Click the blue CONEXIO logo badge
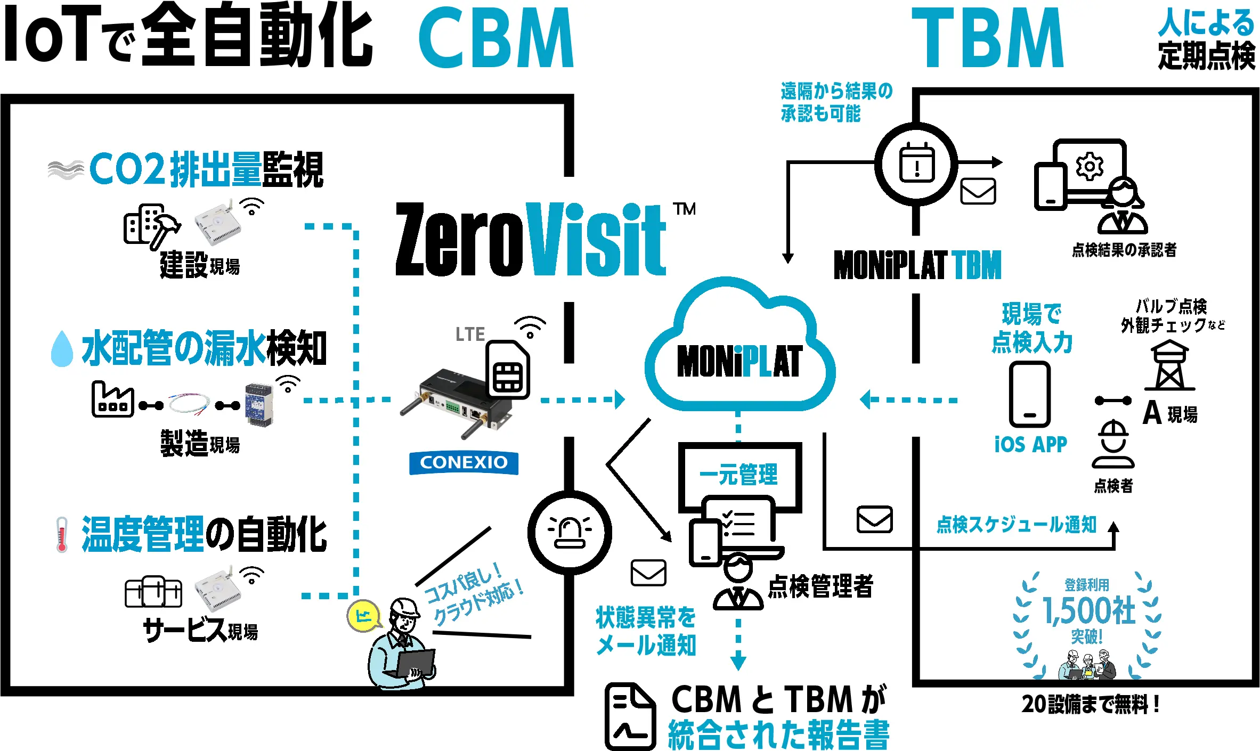click(x=464, y=462)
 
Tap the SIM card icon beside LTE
click(x=508, y=370)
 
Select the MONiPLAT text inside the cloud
click(x=739, y=361)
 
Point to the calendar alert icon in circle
click(x=916, y=163)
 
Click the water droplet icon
click(x=62, y=349)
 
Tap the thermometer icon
click(x=62, y=534)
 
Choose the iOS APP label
click(x=1030, y=444)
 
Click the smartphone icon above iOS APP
click(x=1030, y=394)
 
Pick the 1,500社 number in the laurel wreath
click(x=1089, y=610)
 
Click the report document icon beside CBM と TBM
click(x=630, y=716)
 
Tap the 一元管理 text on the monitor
click(x=738, y=474)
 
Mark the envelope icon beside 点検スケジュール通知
click(x=874, y=519)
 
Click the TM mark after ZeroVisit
click(x=685, y=209)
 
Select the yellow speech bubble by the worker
click(x=364, y=616)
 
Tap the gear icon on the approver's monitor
click(x=1090, y=167)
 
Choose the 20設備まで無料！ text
click(x=1090, y=704)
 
